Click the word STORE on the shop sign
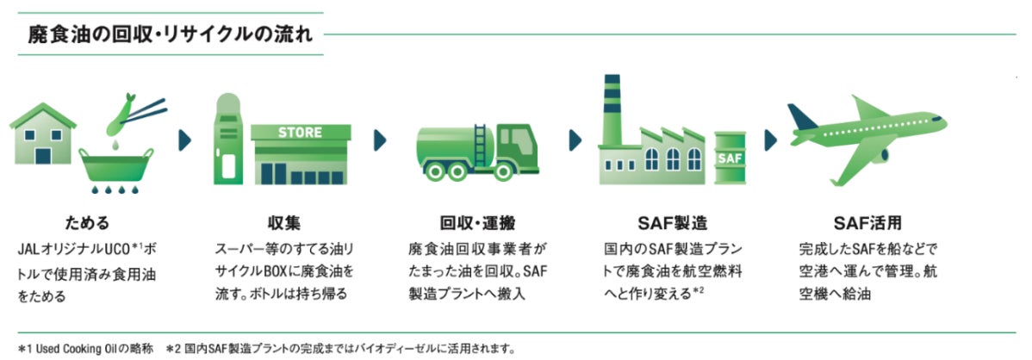click(x=300, y=133)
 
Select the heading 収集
click(x=283, y=224)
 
